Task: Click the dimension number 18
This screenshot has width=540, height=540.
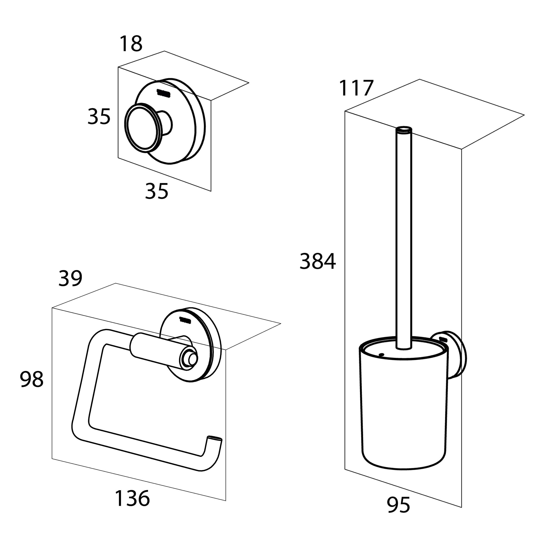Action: point(131,44)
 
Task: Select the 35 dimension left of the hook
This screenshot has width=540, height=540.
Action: point(99,117)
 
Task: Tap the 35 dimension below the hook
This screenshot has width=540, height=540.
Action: point(157,191)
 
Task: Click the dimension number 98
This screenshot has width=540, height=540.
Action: point(31,379)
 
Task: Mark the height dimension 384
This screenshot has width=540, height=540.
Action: point(317,261)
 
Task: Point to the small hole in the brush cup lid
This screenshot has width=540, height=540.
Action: point(381,355)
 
